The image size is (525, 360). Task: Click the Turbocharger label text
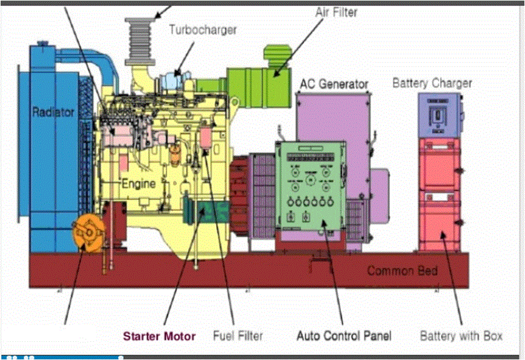pyautogui.click(x=203, y=29)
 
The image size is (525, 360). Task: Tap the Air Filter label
pyautogui.click(x=337, y=11)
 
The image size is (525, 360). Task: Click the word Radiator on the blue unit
pyautogui.click(x=53, y=112)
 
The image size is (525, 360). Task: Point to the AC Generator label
pyautogui.click(x=332, y=84)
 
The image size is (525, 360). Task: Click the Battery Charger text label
pyautogui.click(x=432, y=83)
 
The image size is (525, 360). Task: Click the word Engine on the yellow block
pyautogui.click(x=139, y=183)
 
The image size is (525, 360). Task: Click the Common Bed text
pyautogui.click(x=402, y=271)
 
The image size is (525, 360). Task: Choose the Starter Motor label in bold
pyautogui.click(x=159, y=336)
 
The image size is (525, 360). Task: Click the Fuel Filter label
pyautogui.click(x=238, y=335)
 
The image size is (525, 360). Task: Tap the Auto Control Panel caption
pyautogui.click(x=343, y=335)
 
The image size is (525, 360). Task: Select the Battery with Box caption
pyautogui.click(x=461, y=335)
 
